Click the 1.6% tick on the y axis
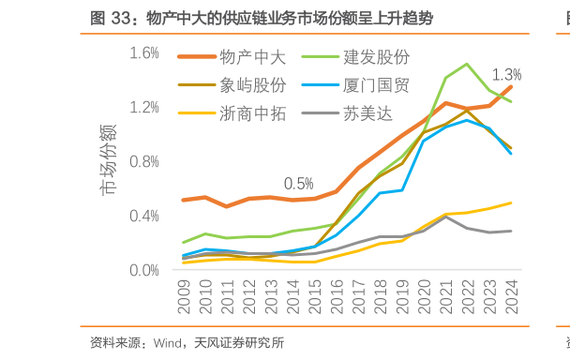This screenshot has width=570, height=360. pos(144,53)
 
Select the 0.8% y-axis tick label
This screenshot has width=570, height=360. pos(144,161)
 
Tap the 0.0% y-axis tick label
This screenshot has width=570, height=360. pos(144,270)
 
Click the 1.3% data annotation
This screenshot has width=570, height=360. pos(506,74)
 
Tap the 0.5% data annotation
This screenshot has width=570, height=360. pos(298,182)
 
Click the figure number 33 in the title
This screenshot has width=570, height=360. pos(121,18)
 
